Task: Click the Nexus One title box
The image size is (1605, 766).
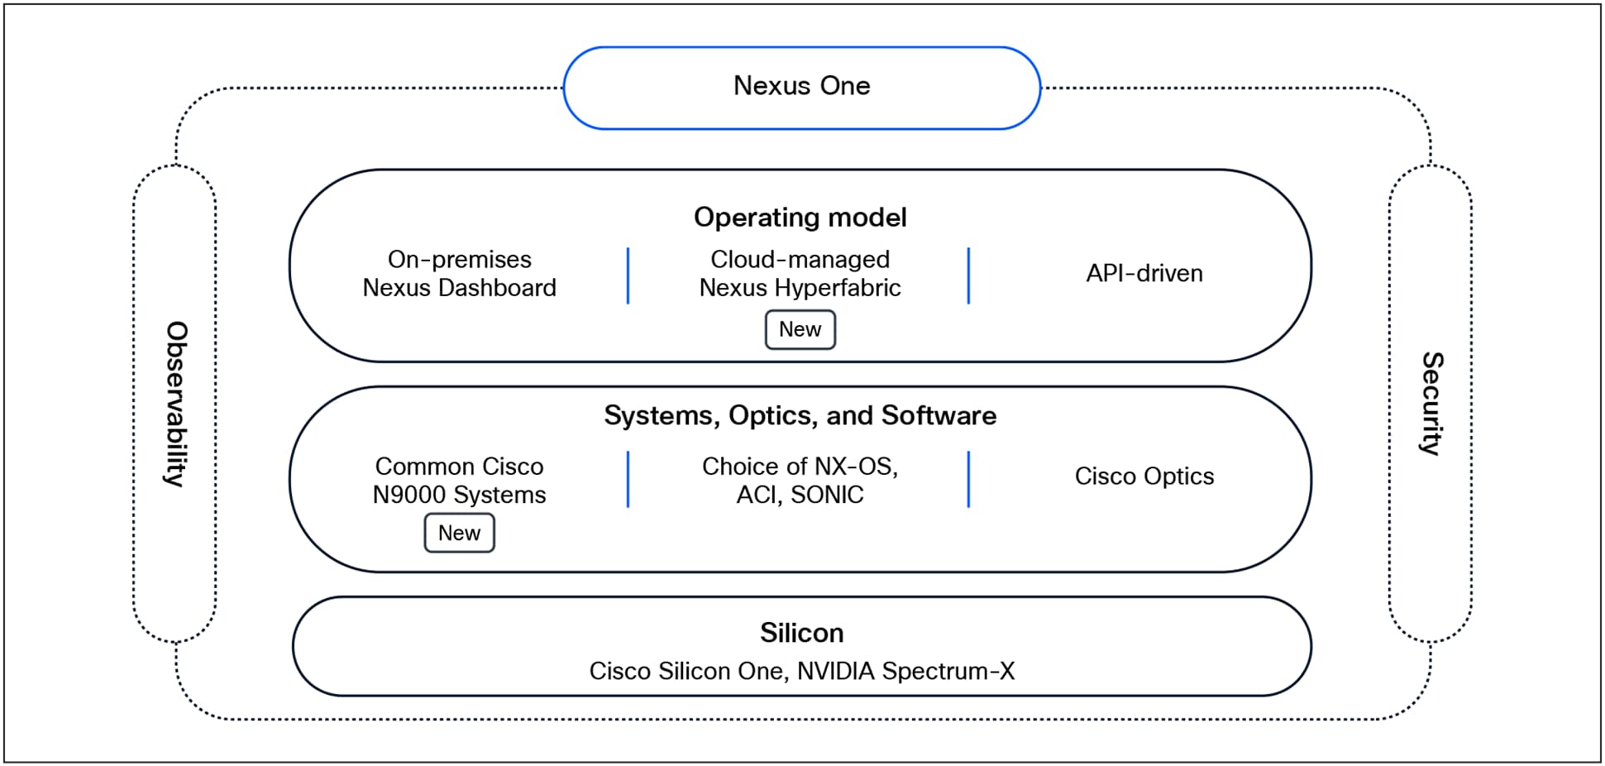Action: click(x=801, y=87)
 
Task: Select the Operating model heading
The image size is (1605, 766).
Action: click(x=800, y=217)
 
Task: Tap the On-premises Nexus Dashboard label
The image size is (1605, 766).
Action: click(x=459, y=274)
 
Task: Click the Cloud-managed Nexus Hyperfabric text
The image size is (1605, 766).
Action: click(x=800, y=274)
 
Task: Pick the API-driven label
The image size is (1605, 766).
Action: click(x=1144, y=274)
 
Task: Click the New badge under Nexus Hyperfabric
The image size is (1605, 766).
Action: click(x=800, y=329)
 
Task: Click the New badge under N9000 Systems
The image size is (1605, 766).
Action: click(x=459, y=533)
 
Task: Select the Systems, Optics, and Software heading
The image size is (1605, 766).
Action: click(x=800, y=415)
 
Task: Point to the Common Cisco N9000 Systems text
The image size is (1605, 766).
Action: click(x=459, y=481)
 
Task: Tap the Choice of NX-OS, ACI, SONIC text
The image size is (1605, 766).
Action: click(x=800, y=481)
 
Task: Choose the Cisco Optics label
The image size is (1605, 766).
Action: click(x=1144, y=476)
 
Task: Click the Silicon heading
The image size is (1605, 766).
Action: click(x=801, y=633)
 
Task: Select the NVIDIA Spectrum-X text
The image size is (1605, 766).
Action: click(x=905, y=671)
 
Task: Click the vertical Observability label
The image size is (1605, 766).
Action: click(x=176, y=404)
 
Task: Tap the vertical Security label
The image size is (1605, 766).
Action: click(x=1431, y=404)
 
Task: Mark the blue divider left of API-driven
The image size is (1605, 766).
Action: click(x=968, y=275)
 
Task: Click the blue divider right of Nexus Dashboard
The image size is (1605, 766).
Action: click(x=628, y=275)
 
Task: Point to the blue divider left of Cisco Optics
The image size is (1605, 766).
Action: click(x=968, y=479)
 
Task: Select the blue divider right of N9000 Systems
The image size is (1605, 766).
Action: click(x=628, y=479)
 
